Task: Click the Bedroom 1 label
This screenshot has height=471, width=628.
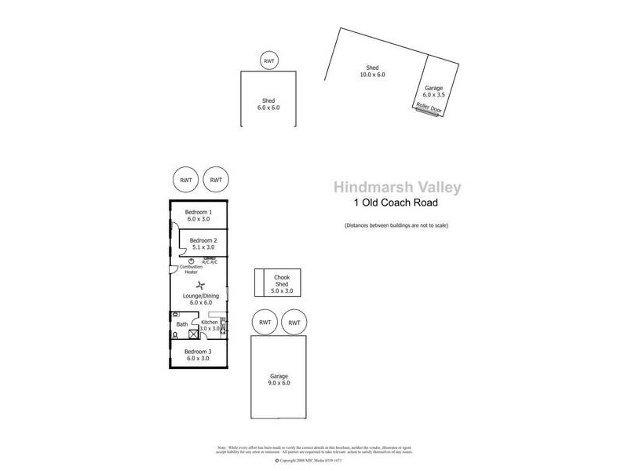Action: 199,217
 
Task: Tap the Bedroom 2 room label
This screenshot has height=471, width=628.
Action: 203,244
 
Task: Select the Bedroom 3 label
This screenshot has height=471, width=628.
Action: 199,356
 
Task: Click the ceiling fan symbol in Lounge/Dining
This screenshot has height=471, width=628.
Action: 200,286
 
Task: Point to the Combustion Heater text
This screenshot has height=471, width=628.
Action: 191,269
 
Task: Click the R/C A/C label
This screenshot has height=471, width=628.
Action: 210,262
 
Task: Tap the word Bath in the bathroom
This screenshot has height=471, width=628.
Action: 182,323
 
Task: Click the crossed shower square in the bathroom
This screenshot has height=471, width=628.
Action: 193,334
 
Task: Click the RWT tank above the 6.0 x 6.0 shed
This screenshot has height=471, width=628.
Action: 269,60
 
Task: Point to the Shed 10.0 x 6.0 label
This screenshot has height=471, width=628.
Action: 373,71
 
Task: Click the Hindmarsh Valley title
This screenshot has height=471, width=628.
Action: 397,187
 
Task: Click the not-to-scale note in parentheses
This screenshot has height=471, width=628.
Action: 396,226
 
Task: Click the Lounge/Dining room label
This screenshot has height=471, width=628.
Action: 200,299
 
